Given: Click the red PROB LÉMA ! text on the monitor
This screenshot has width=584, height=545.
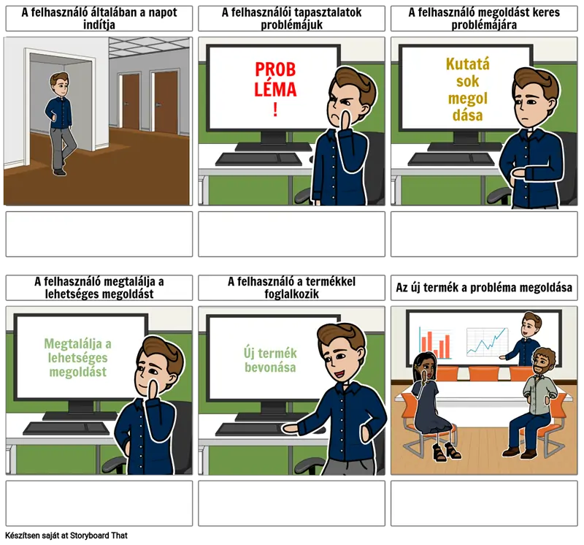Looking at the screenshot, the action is point(275,89).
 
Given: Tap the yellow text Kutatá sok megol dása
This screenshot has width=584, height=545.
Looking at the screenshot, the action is point(467,89).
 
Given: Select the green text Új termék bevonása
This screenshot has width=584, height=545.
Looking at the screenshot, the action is point(270,360).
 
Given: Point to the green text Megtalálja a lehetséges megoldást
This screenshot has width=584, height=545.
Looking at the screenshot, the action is point(78,357).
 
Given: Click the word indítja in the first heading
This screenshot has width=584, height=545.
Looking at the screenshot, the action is point(99,25).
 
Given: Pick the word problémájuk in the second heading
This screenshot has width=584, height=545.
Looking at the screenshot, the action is point(291,25).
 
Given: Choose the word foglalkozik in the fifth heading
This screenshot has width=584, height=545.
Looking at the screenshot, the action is point(291,294).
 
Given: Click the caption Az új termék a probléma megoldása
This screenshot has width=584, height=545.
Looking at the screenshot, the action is point(484,287).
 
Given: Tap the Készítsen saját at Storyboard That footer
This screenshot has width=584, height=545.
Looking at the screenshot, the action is point(66,536).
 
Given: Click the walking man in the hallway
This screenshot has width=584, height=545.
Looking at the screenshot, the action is point(61,123).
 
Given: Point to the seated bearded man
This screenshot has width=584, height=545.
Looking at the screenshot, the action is point(531,403).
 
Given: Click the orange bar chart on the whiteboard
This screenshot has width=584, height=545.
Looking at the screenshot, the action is point(435,343).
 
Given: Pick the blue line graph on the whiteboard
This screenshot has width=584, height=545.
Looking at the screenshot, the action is point(487,341).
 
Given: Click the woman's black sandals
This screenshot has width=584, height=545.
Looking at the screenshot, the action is point(446,451).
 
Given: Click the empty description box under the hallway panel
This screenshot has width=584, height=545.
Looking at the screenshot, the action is point(99,234).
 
